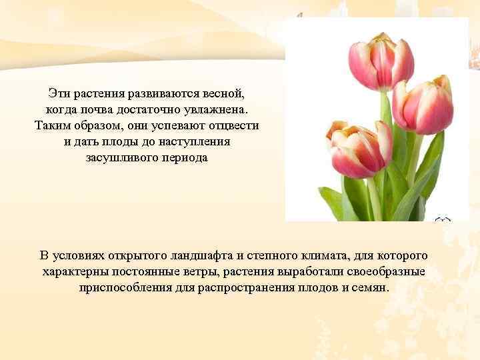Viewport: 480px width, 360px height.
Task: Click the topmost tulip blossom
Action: click(x=381, y=62)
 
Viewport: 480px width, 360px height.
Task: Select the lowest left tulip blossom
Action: click(x=361, y=151)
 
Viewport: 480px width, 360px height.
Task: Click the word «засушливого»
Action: click(x=121, y=158)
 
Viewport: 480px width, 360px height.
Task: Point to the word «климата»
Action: click(x=327, y=255)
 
